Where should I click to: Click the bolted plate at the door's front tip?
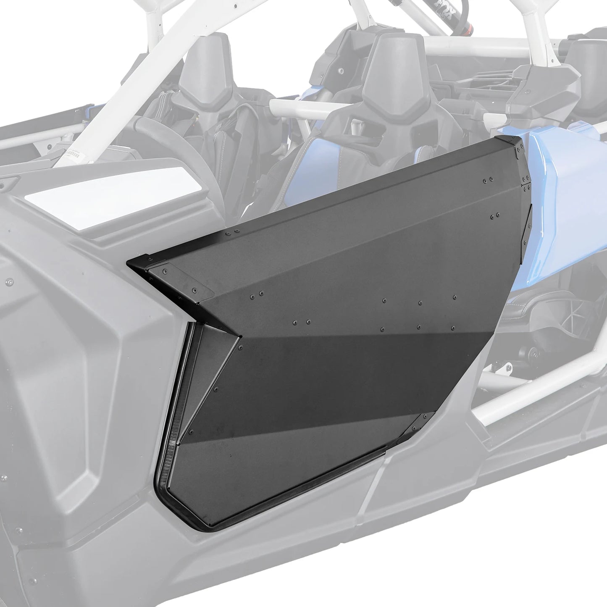(179, 279)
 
